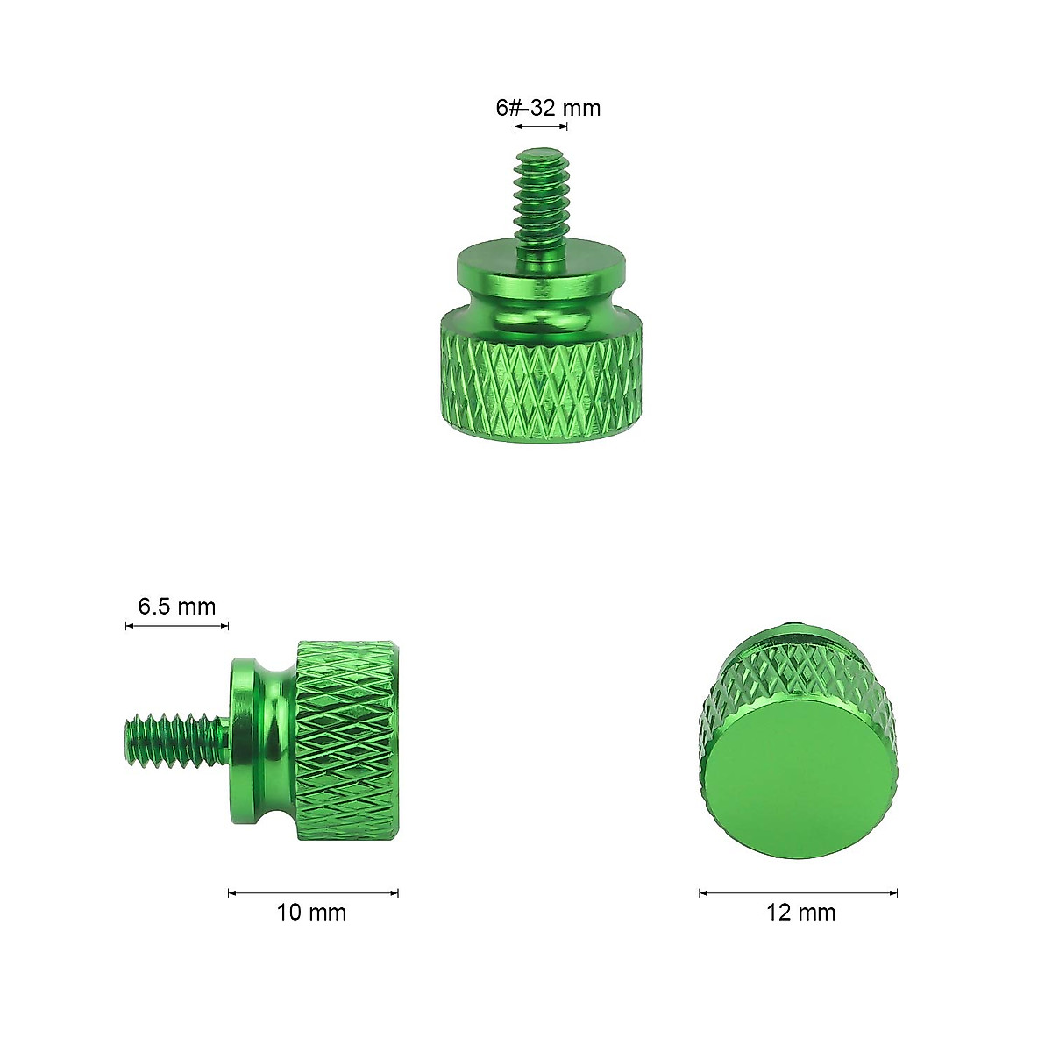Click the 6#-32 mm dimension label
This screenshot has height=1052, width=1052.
[x=548, y=108]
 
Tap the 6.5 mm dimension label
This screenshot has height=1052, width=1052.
[x=176, y=606]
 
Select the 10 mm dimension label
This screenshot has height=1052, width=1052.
[x=311, y=913]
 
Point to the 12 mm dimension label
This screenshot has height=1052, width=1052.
[x=800, y=913]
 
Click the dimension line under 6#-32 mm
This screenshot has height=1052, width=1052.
[x=541, y=127]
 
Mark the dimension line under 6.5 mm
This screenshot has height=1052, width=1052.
[x=176, y=626]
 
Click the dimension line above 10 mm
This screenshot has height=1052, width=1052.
[x=313, y=893]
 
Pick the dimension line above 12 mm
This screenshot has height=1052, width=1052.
[x=798, y=893]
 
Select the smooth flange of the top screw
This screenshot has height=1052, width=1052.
[x=541, y=263]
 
